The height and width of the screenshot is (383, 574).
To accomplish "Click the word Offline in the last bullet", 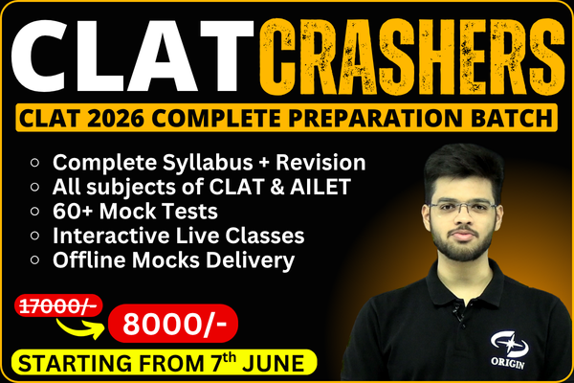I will pos(88,259).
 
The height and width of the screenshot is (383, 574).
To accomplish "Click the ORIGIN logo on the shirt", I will pos(510,347).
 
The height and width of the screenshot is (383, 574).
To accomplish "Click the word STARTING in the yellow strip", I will pos(71,363).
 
